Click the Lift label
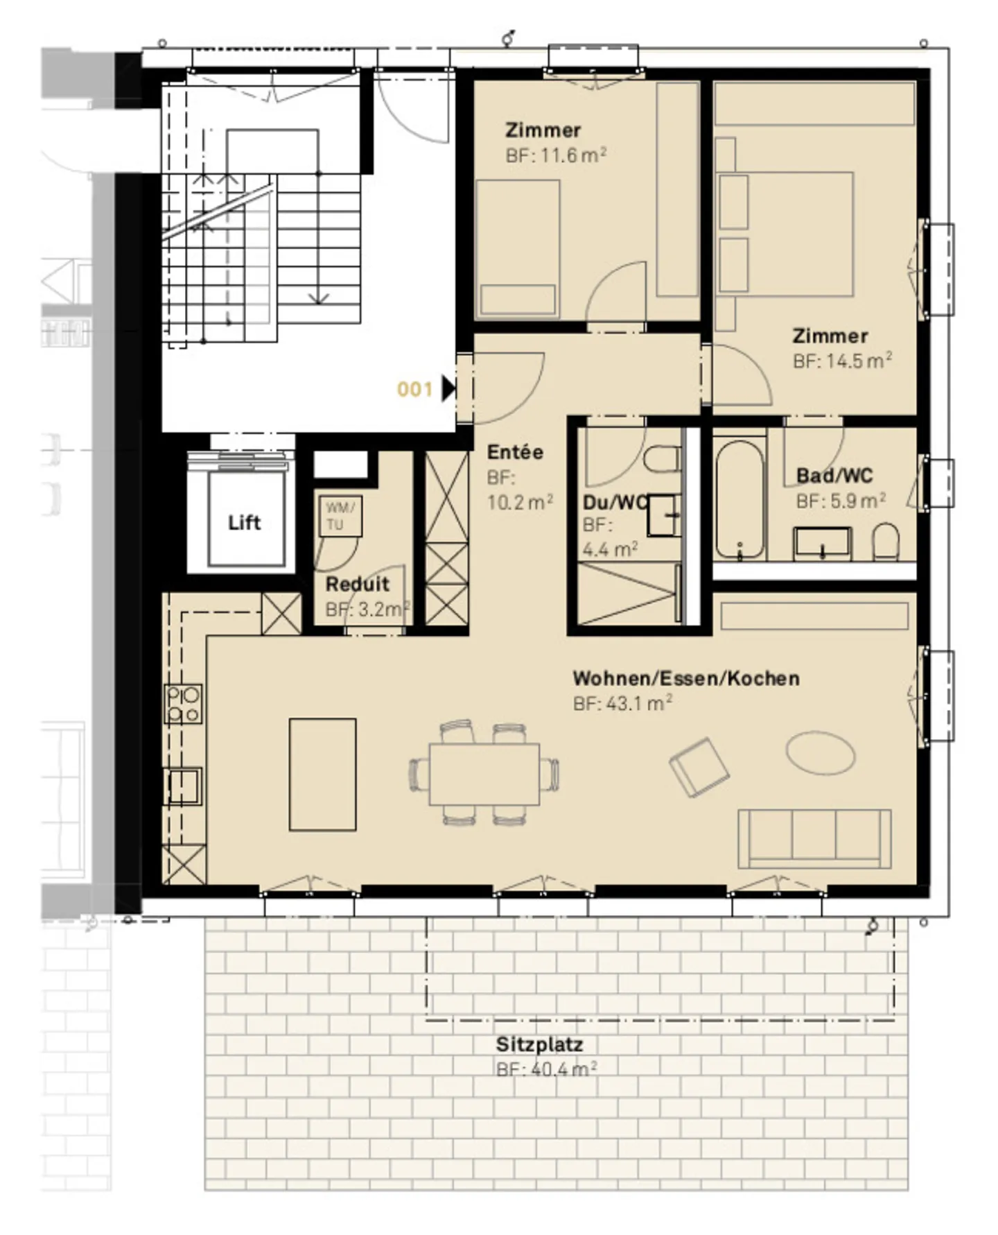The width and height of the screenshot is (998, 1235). pos(245,522)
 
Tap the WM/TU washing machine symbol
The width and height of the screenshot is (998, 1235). pos(340,516)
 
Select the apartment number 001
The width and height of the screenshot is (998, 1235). pos(414,389)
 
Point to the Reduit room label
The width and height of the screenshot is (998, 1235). pos(358,584)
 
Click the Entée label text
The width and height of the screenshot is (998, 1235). pos(515,452)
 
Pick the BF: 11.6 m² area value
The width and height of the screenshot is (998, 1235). pos(556,155)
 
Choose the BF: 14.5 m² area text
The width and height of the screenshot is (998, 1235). pos(842,361)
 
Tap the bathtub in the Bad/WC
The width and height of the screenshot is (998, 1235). pos(740,500)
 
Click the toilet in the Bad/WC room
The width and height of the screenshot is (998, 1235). pos(885,542)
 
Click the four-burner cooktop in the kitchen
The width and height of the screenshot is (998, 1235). pos(183,704)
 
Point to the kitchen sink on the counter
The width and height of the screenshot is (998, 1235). pos(183,786)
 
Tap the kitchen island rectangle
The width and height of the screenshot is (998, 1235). pos(323,774)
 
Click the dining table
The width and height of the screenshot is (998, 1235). pos(484,774)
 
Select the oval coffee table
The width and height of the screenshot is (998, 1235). pos(821,752)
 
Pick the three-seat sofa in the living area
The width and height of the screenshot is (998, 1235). pos(814,838)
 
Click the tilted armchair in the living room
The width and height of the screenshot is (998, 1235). pos(699,767)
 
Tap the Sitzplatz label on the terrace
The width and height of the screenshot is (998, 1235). pos(539,1044)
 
